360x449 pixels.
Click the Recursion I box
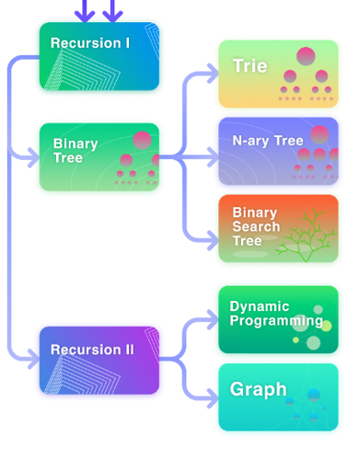99,56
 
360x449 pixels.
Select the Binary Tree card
99,156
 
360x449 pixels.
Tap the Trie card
277,74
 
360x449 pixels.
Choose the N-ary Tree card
277,151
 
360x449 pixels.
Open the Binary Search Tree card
277,227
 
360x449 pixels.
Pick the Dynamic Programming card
277,319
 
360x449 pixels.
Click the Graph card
277,397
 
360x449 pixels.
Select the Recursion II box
99,360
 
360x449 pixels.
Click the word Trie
250,66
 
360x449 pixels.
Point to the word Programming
276,321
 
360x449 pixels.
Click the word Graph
258,389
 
